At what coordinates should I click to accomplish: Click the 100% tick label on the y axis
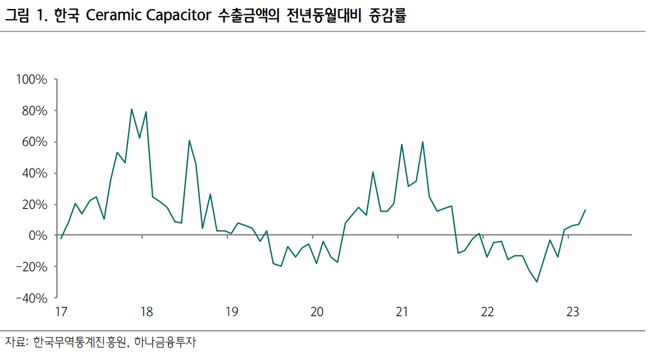click(31, 80)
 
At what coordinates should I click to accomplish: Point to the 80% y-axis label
click(34, 111)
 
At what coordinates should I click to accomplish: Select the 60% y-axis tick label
click(34, 142)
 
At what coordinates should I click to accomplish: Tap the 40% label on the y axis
click(34, 173)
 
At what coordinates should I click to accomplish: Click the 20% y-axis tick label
click(34, 204)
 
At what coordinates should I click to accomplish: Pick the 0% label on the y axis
click(37, 235)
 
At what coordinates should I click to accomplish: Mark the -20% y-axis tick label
click(31, 266)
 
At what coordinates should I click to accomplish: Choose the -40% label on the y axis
click(31, 298)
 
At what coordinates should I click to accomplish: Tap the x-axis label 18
click(146, 312)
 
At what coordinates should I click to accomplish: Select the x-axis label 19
click(231, 312)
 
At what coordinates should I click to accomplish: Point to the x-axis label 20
click(317, 312)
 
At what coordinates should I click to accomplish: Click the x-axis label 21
click(402, 312)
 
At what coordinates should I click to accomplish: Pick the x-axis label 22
click(487, 312)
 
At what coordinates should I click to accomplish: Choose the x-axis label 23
click(572, 312)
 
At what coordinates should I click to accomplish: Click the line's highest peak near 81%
click(131, 109)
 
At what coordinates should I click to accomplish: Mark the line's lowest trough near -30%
click(537, 282)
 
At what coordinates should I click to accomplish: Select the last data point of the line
click(585, 210)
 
